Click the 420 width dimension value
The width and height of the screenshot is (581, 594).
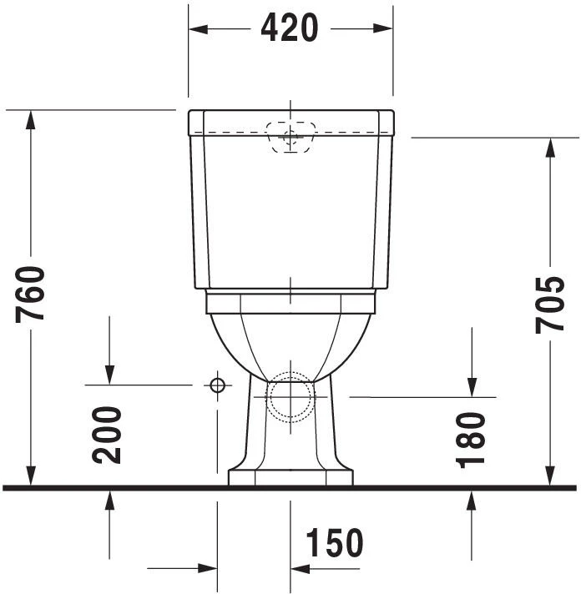(290, 28)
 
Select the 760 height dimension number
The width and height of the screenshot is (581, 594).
(32, 294)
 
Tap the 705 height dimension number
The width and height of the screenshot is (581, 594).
(550, 304)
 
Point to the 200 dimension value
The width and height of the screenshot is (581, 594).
(108, 434)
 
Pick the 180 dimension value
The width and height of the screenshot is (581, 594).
(472, 439)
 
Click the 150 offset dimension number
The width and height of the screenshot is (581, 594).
(335, 544)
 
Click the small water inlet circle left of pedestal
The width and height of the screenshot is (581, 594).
(217, 385)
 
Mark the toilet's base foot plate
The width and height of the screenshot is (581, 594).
(290, 477)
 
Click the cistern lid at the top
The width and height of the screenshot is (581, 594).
(290, 122)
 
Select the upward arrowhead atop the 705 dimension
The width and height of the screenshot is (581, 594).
(550, 147)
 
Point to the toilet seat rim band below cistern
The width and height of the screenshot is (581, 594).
(290, 302)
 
